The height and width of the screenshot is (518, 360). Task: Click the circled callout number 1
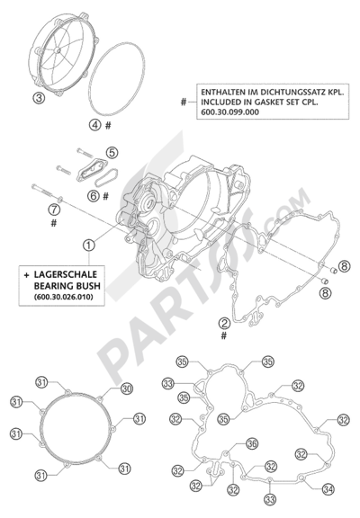coord(89,244)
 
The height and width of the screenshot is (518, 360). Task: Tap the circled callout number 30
coord(126,388)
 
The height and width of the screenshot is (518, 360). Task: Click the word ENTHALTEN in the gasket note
coord(219,91)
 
